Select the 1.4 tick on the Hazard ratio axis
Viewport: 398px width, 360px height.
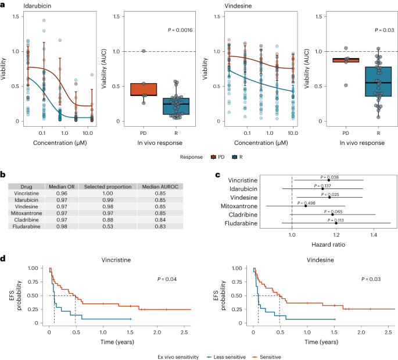coord(372,234)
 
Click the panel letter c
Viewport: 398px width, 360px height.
coord(217,174)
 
